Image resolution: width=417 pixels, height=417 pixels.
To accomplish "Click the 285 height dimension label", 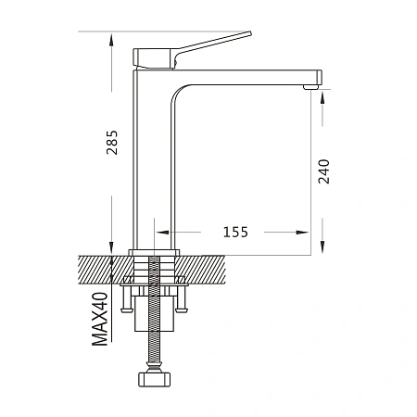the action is click(112, 143).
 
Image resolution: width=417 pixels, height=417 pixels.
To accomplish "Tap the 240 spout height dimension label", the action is click(323, 171).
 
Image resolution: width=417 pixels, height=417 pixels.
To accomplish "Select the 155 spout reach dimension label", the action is click(235, 232).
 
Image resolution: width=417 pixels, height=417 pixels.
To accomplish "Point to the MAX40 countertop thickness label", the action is click(100, 319).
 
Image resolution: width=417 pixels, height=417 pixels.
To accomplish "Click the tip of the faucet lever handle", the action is click(249, 33).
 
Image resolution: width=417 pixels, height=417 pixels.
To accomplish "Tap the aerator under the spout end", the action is click(310, 87).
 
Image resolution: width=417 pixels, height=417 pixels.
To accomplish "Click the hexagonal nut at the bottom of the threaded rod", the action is click(154, 380).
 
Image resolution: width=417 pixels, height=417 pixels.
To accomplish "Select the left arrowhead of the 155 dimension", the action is click(162, 232).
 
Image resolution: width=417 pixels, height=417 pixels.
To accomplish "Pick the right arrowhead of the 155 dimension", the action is click(302, 232).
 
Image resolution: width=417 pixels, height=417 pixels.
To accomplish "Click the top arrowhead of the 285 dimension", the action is click(111, 41).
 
